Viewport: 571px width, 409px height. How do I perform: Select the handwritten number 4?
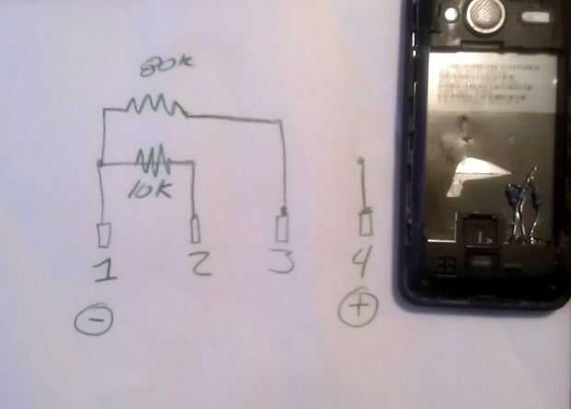[x=362, y=263]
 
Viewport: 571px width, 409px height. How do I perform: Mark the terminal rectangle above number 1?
[x=103, y=235]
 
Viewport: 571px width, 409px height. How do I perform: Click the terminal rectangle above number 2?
[x=195, y=228]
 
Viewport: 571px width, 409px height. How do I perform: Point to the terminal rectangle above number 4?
[x=366, y=223]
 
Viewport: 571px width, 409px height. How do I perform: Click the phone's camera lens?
[x=484, y=14]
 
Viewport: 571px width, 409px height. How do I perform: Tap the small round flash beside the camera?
[x=450, y=15]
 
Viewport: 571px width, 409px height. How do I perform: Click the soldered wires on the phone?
[x=523, y=207]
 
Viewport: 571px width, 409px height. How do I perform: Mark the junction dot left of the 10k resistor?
[x=99, y=165]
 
